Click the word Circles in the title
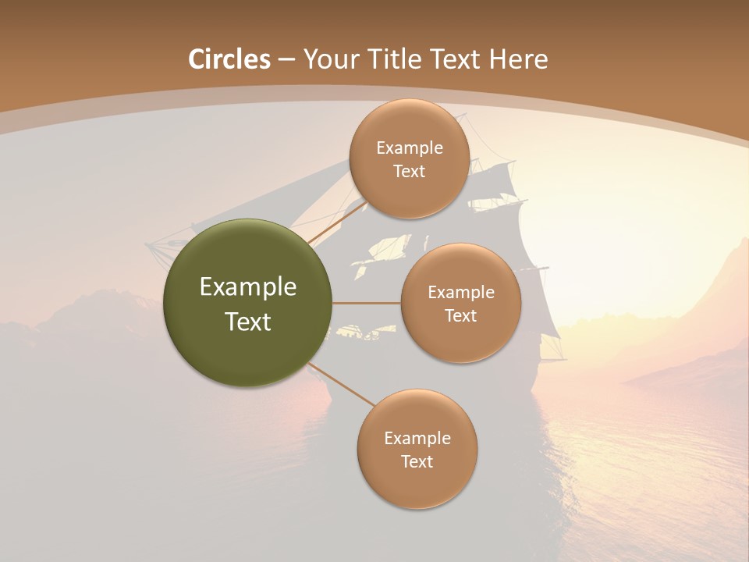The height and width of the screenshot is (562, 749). (x=229, y=59)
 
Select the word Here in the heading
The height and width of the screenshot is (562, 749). (x=518, y=59)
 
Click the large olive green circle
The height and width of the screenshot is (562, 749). (x=248, y=303)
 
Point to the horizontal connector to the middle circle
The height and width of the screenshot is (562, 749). (x=366, y=303)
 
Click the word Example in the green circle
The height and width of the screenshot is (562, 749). (x=248, y=287)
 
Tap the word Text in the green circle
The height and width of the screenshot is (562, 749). (x=248, y=322)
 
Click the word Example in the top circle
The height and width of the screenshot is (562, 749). (x=410, y=148)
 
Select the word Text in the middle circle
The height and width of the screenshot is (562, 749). (x=460, y=316)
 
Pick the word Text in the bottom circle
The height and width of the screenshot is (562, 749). (x=417, y=462)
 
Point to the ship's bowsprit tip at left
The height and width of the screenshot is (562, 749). (x=148, y=246)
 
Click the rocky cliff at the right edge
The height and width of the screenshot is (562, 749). (x=729, y=281)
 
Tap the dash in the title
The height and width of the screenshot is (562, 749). (x=286, y=59)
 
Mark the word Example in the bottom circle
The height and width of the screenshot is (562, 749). (x=417, y=439)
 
